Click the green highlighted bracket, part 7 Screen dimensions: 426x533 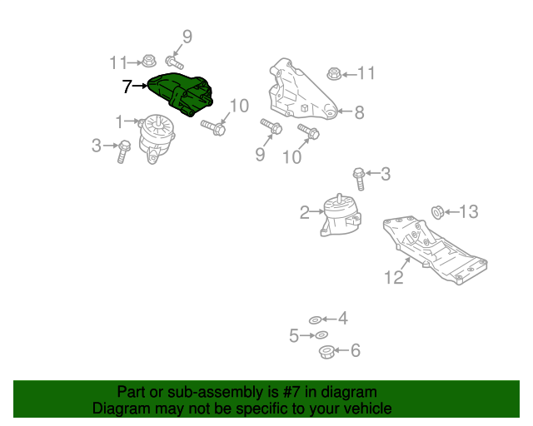tap(181, 94)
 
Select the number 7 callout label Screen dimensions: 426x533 tap(127, 86)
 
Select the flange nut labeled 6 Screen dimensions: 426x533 tap(326, 351)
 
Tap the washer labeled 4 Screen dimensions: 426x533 tap(315, 319)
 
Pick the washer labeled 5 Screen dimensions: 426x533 tap(321, 335)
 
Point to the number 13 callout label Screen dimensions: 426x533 tap(469, 212)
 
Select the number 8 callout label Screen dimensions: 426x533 tap(359, 113)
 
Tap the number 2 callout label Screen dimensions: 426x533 tap(305, 212)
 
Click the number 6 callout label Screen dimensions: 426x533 tap(356, 351)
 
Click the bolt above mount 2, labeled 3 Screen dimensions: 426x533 tap(359, 178)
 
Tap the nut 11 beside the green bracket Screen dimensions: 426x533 tap(147, 61)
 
